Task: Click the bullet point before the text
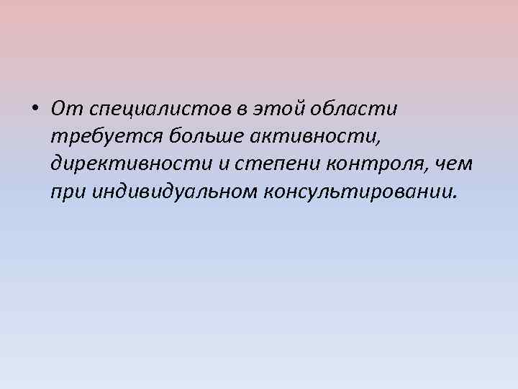(35, 110)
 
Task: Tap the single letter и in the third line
(224, 165)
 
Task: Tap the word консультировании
(360, 192)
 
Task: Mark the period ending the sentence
(453, 197)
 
